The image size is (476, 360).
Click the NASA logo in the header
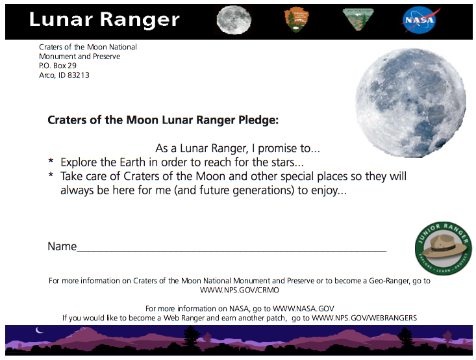pos(420,19)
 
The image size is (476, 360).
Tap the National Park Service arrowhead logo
pos(296,19)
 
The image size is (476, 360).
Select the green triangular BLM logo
pos(358,19)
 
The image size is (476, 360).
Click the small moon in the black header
pos(234,19)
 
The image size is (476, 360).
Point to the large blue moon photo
pos(410,103)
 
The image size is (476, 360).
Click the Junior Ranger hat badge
pos(444,248)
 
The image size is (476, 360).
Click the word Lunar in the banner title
pos(61,19)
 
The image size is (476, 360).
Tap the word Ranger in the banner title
pos(140,21)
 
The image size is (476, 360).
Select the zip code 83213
pos(79,75)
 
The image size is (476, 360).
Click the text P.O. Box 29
pos(58,66)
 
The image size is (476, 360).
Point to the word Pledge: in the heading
pos(258,120)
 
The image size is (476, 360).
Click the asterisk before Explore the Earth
pos(51,161)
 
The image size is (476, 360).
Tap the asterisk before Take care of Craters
pos(51,174)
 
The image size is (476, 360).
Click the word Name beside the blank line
pos(62,246)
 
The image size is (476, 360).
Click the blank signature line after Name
pos(231,251)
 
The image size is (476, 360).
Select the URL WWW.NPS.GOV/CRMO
pos(239,290)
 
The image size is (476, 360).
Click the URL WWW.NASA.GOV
pos(303,309)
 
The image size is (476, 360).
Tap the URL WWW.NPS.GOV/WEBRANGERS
pos(364,318)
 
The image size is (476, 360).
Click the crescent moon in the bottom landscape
pos(39,330)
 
